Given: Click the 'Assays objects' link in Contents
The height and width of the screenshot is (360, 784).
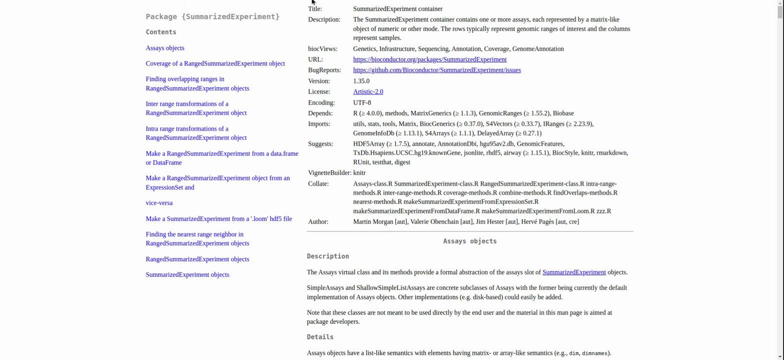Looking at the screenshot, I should (x=165, y=48).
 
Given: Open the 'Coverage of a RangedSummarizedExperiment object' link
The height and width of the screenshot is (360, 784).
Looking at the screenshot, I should (x=215, y=63).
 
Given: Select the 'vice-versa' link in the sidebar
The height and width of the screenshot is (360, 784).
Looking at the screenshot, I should (x=159, y=203).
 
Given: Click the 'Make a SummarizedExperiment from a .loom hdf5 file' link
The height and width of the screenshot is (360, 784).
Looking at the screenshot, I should (x=219, y=218).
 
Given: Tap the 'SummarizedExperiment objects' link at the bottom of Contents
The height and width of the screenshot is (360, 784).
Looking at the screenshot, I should (x=188, y=274).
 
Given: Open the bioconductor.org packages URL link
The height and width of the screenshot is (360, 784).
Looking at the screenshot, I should (x=430, y=59).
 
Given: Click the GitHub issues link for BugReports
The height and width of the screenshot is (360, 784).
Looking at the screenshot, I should (x=437, y=70).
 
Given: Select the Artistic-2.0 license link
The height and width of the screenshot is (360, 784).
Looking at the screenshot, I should (x=368, y=91).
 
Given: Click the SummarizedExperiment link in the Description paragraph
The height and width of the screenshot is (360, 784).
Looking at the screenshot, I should (x=574, y=272).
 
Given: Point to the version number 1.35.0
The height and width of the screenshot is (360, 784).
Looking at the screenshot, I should (x=361, y=81).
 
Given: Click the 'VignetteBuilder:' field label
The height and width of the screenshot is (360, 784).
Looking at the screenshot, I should (x=330, y=173).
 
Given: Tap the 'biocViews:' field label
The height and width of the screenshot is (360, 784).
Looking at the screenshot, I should (x=323, y=49).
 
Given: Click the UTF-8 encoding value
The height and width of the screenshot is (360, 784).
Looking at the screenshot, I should (x=362, y=102).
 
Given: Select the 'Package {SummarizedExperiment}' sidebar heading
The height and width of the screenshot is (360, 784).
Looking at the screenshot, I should (x=213, y=16).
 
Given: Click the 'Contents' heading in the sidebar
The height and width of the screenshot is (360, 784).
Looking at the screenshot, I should (x=161, y=32).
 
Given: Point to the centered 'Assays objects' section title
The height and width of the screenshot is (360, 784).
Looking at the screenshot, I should (x=470, y=241).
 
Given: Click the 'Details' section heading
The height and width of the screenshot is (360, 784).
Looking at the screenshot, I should (x=320, y=337).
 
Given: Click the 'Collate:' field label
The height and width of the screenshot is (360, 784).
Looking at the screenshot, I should (x=318, y=184).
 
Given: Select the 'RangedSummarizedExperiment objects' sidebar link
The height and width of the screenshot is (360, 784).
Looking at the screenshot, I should (x=197, y=259).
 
